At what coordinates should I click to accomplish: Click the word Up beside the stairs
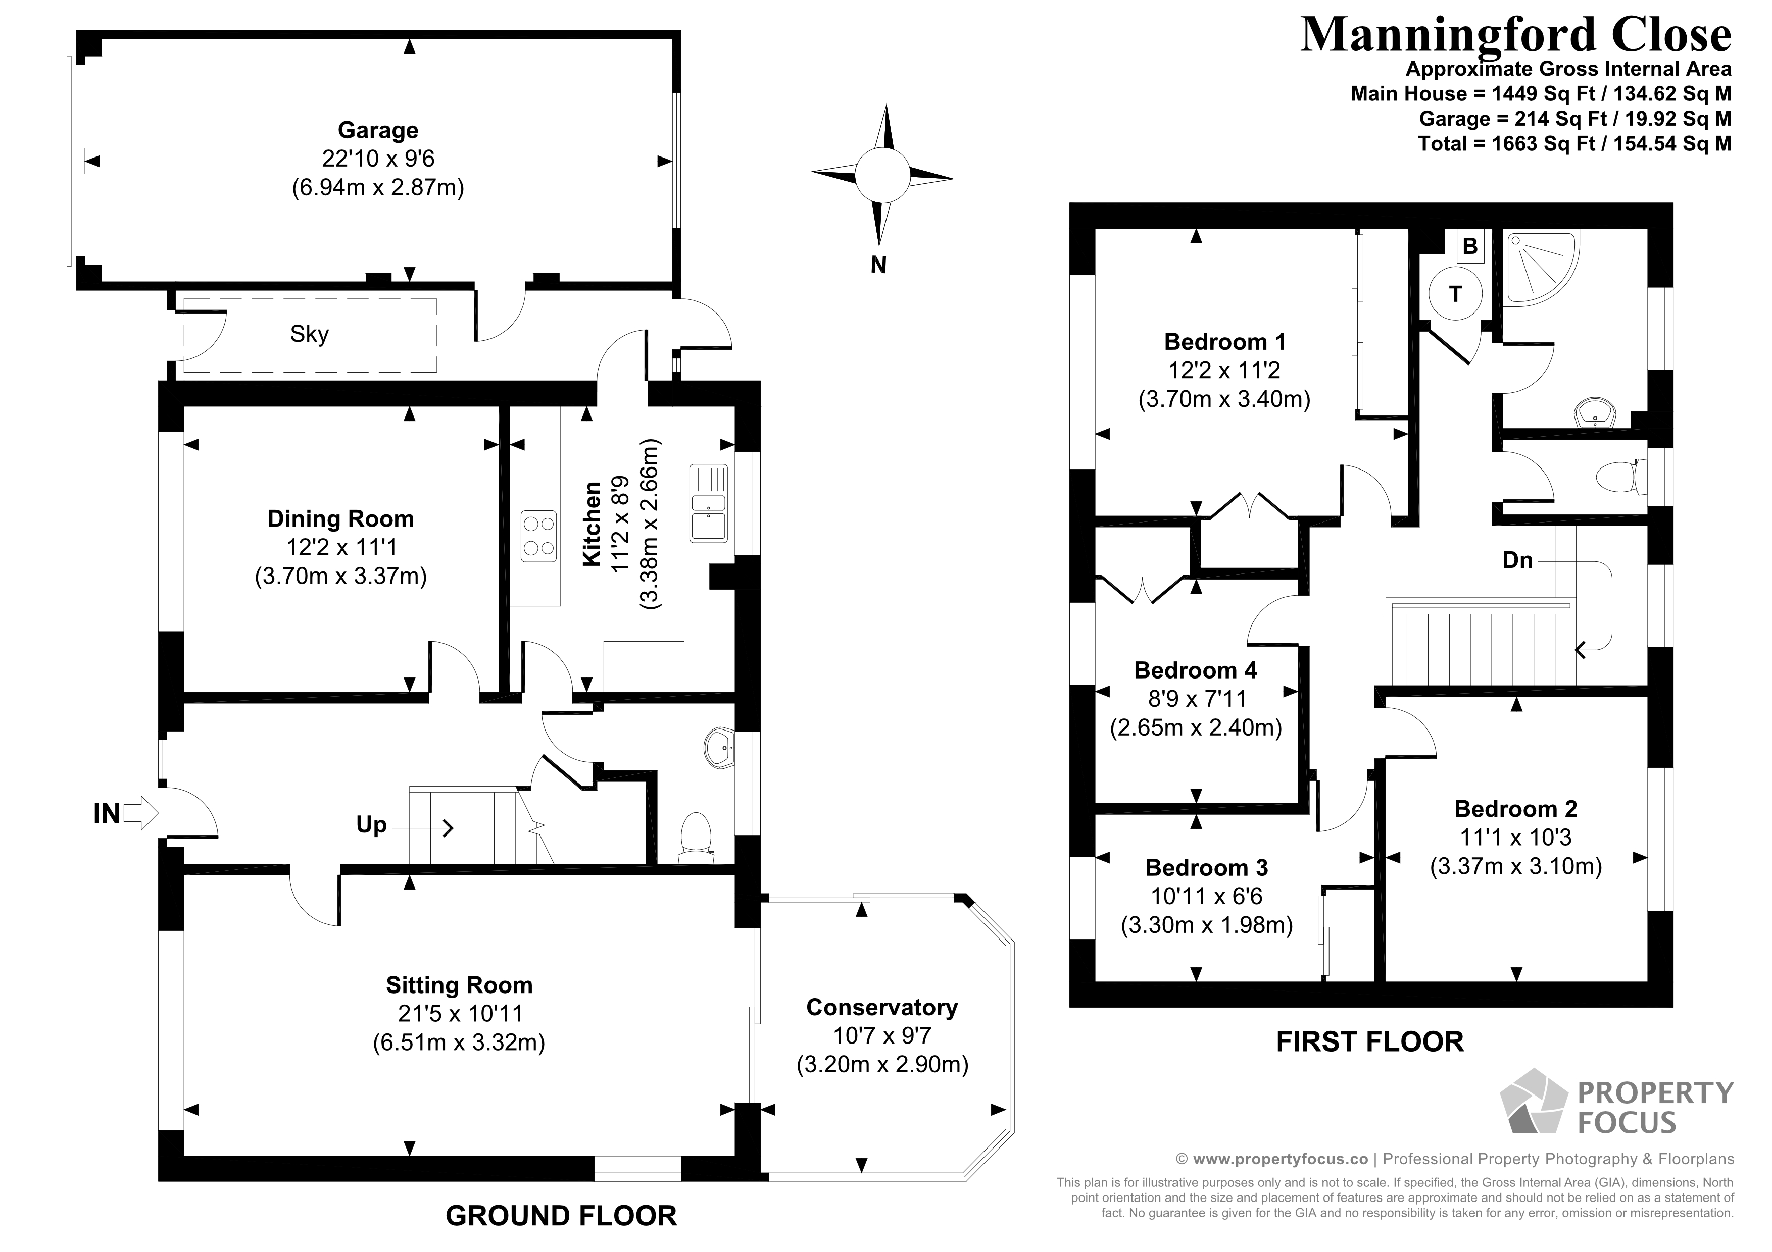(x=371, y=824)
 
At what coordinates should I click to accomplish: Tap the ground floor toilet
(x=696, y=836)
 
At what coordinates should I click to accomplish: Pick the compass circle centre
(x=881, y=176)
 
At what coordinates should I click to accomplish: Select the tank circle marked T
(x=1455, y=293)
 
